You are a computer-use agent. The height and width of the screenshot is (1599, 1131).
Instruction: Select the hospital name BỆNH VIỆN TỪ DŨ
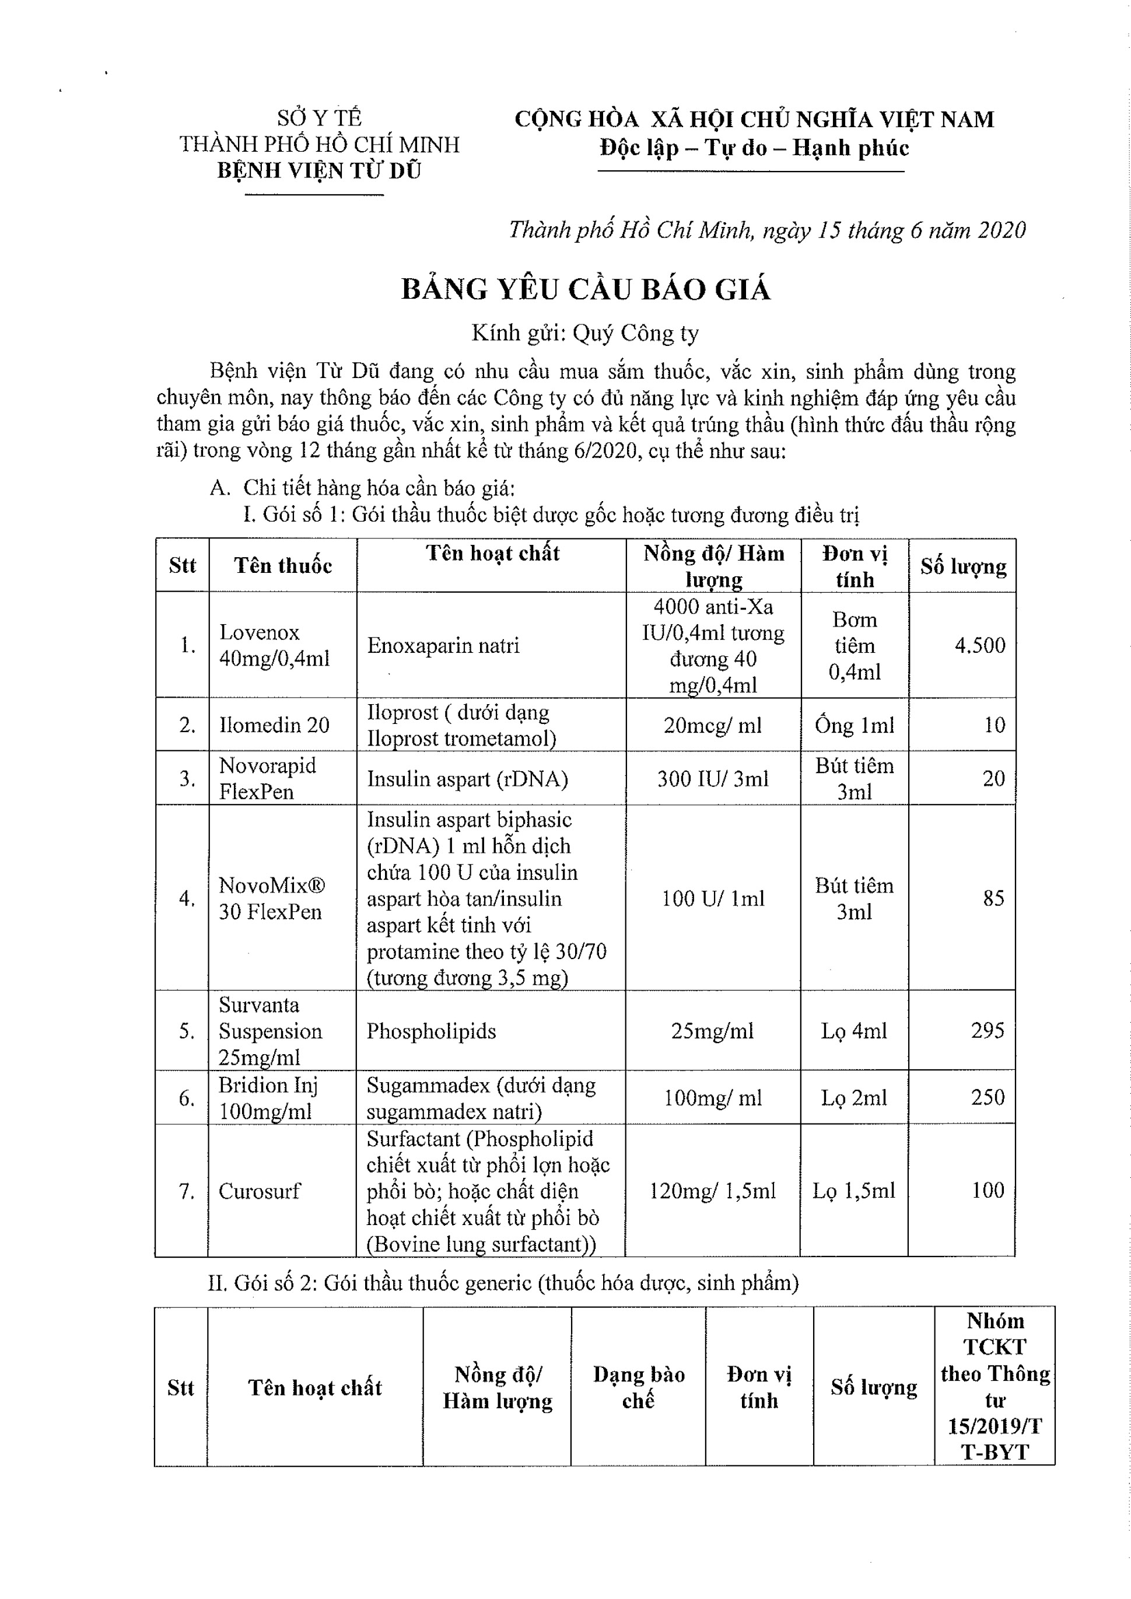319,170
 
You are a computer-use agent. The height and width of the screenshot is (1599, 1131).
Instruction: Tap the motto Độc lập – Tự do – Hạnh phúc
754,148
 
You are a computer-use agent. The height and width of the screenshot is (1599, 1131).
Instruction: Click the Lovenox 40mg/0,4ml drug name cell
274,645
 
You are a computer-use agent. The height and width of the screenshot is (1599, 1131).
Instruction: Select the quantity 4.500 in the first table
979,645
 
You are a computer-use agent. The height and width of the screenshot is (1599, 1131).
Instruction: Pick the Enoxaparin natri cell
444,645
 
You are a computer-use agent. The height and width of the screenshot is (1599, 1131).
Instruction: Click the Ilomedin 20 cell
274,725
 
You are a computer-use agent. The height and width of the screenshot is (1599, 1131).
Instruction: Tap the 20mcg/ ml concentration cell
712,725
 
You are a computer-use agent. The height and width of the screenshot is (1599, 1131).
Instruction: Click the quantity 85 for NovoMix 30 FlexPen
993,898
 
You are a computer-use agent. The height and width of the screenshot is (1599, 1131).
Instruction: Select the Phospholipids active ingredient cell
431,1031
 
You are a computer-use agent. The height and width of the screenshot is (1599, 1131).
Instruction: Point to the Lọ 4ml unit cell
854,1031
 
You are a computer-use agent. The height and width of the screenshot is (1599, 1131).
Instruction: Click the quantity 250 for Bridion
988,1097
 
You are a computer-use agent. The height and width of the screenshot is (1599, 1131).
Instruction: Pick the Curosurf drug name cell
259,1191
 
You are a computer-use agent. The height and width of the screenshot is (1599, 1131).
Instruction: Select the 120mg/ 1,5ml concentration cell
712,1191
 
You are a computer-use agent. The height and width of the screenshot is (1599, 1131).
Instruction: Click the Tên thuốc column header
283,565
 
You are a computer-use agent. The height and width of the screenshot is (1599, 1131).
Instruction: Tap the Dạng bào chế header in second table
639,1387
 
